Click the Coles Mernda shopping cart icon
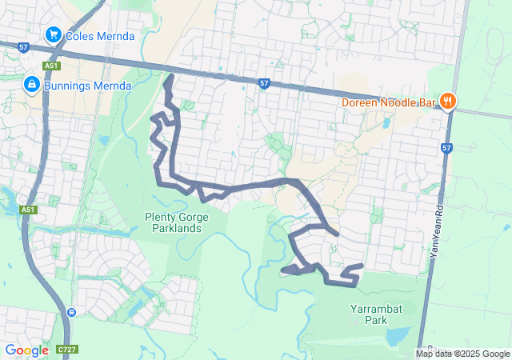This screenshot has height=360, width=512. [53, 35]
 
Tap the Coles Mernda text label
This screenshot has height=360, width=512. [100, 36]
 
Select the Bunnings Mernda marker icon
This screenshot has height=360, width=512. [32, 85]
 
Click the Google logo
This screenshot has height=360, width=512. [26, 350]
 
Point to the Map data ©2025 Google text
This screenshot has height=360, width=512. [462, 354]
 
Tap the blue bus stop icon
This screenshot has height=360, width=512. [72, 311]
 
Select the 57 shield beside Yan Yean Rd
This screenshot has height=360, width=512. [446, 148]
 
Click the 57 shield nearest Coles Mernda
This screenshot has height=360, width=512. [23, 48]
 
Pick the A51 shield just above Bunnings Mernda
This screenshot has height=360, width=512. [51, 66]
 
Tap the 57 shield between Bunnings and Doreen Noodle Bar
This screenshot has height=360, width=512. [263, 83]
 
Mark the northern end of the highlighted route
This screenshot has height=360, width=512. [170, 77]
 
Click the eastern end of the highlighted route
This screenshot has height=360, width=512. [362, 266]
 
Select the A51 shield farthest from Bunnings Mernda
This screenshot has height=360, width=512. [28, 210]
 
